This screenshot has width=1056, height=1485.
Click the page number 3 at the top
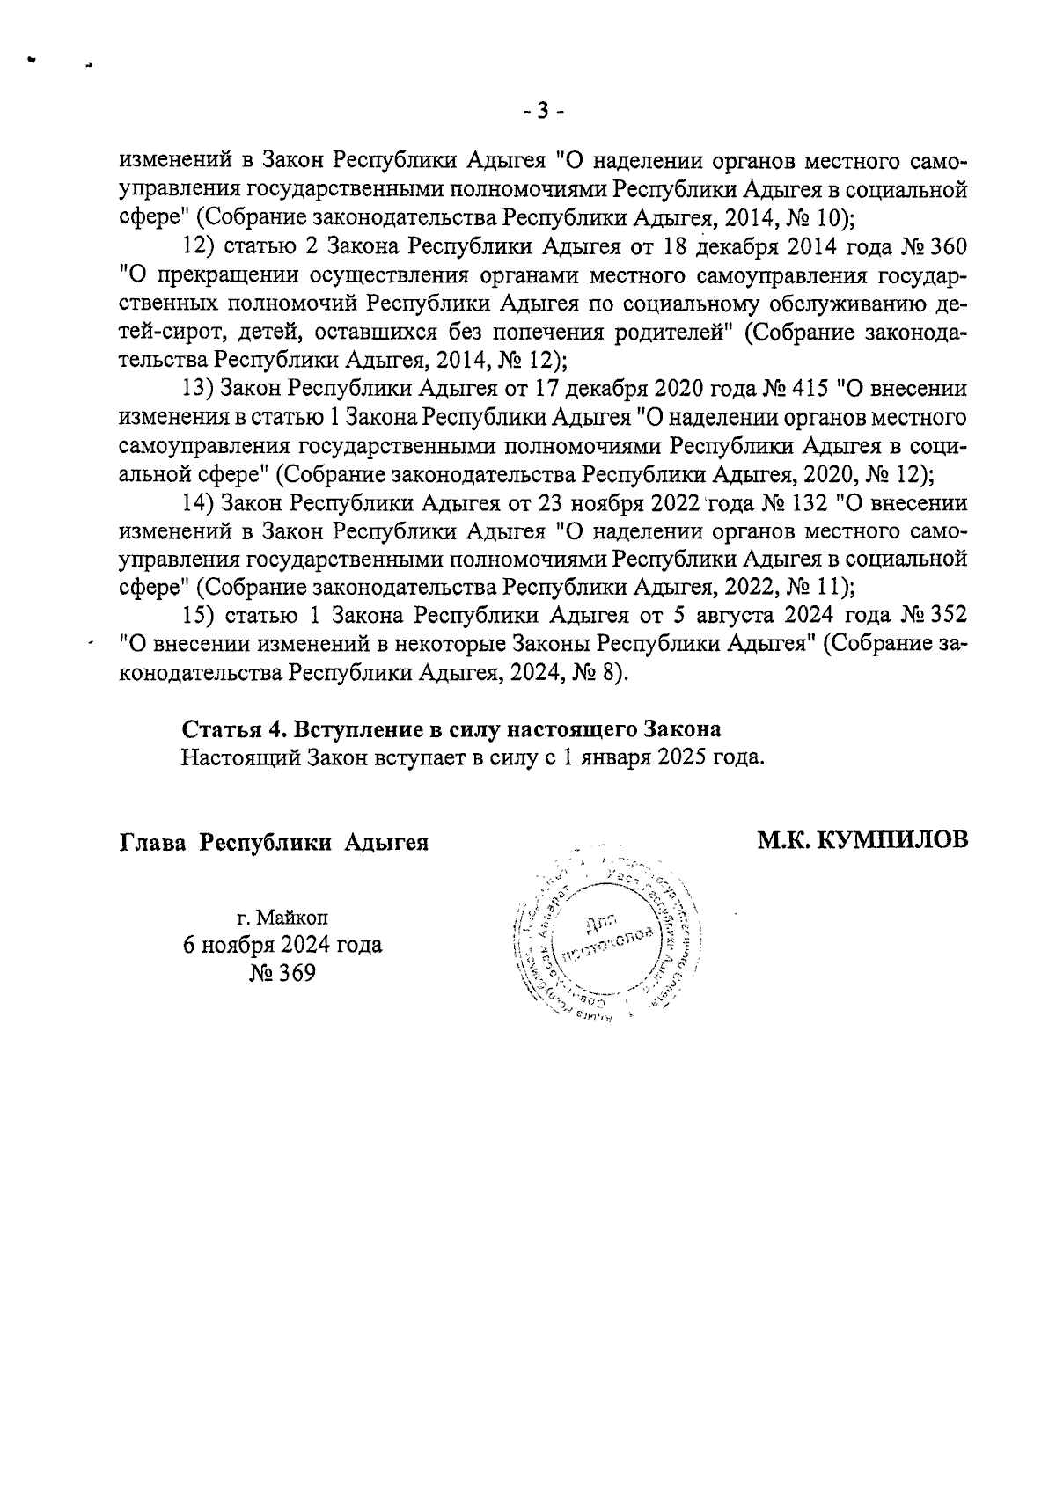[542, 111]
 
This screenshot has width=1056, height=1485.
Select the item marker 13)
[197, 388]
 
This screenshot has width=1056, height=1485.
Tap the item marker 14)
[197, 504]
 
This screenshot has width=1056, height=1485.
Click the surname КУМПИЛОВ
[892, 841]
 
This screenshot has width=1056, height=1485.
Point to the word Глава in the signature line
[152, 842]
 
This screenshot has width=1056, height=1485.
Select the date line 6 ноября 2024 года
[282, 945]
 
